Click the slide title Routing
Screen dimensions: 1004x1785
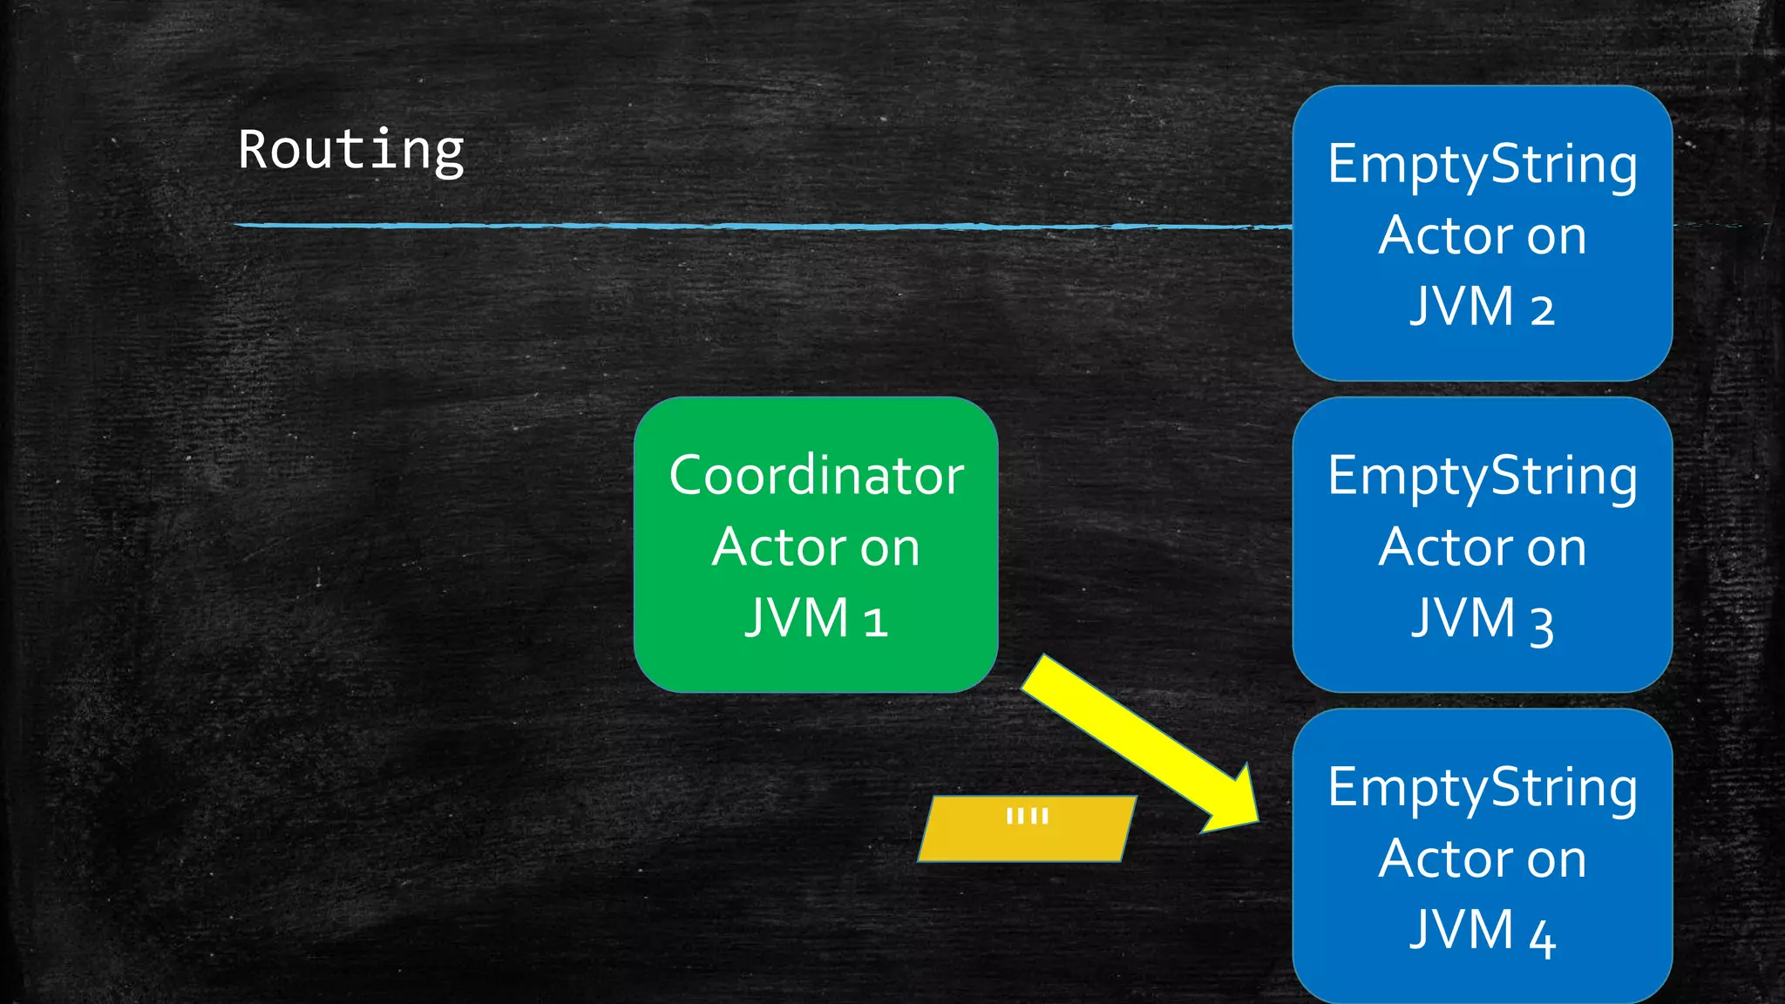[351, 151]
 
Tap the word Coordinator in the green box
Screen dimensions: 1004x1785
[817, 476]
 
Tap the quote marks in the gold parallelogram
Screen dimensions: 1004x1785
[1027, 817]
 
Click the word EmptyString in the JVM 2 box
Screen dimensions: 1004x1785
[1482, 166]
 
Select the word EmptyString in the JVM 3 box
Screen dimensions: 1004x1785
[1482, 478]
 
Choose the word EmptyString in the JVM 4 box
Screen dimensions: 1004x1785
[1482, 789]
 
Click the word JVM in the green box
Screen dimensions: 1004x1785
[797, 619]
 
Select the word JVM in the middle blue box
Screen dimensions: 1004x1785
[1463, 619]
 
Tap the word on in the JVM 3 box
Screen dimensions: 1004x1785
[1556, 549]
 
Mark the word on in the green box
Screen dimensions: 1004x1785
[890, 549]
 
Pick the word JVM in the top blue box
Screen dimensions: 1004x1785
[1462, 307]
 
